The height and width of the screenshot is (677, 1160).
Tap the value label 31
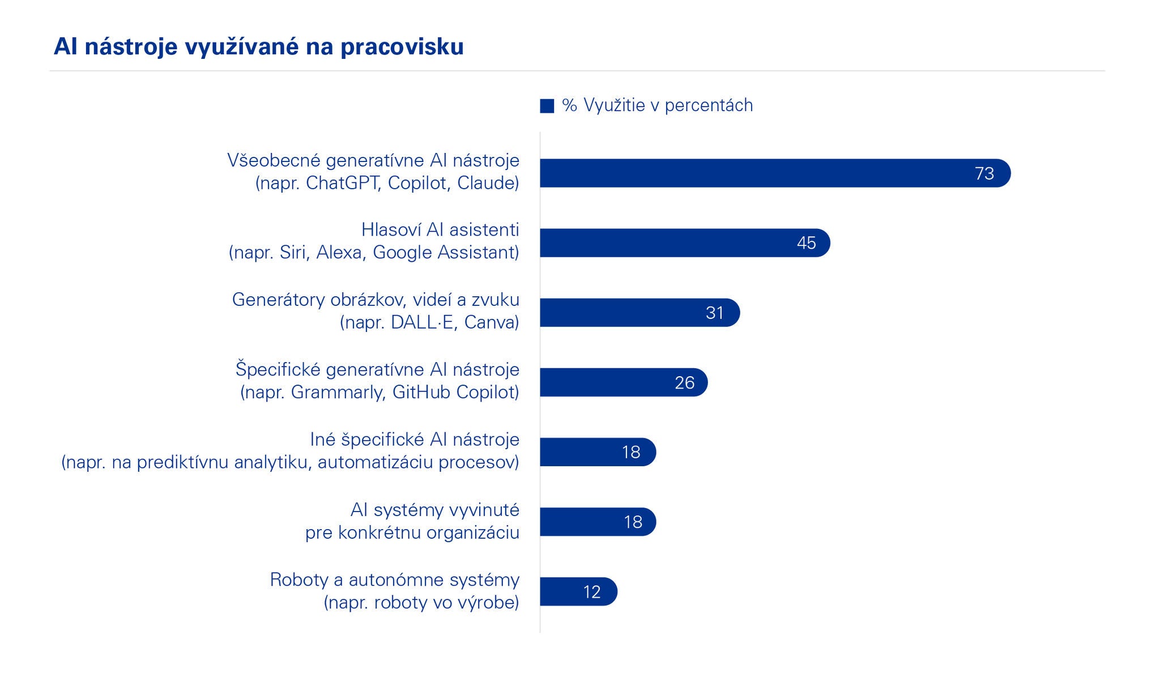click(715, 313)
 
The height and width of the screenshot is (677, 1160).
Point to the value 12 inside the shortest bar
click(592, 592)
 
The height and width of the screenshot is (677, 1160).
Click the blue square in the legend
click(547, 106)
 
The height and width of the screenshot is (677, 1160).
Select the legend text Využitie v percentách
click(668, 105)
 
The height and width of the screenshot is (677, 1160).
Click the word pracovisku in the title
click(402, 47)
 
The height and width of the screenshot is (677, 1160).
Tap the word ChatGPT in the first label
click(342, 183)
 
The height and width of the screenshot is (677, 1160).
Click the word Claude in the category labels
click(488, 183)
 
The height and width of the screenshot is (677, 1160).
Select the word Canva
click(491, 322)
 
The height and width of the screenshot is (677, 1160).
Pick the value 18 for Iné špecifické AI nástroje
click(631, 452)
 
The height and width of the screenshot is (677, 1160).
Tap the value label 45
click(807, 243)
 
